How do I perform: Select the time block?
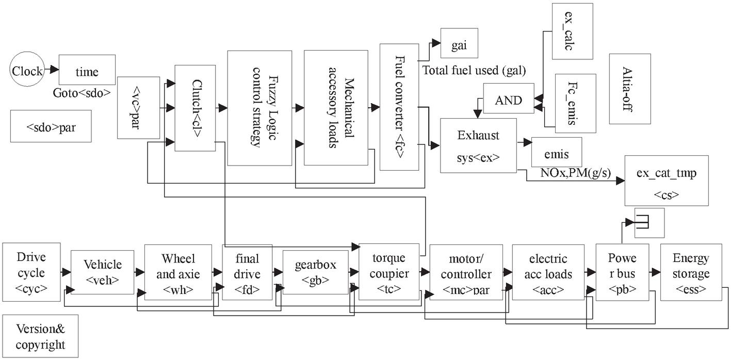(87, 69)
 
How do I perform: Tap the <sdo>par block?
(51, 126)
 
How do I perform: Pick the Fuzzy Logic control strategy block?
(259, 108)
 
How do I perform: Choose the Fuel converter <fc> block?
(399, 107)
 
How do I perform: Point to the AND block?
(508, 100)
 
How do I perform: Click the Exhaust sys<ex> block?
(478, 145)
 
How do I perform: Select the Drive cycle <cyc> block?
(31, 272)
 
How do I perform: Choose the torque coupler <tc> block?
(389, 272)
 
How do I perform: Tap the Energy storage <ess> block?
(690, 272)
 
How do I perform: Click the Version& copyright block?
(40, 336)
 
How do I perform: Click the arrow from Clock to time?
(51, 69)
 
